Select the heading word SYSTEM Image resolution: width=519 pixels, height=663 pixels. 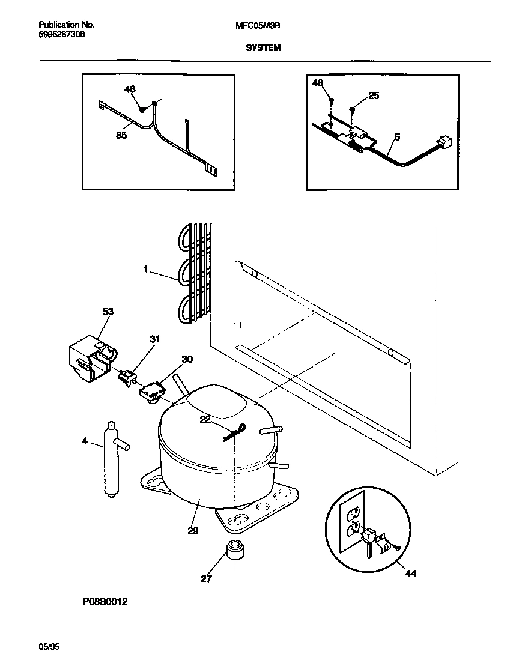(x=263, y=47)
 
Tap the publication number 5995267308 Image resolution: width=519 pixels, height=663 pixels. (x=61, y=35)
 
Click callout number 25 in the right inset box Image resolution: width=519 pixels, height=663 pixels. (x=374, y=95)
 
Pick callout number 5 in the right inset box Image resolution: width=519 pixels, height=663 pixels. (x=396, y=138)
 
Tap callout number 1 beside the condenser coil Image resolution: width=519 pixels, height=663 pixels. (x=145, y=270)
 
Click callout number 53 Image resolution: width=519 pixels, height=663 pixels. (x=108, y=312)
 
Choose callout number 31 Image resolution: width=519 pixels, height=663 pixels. (x=155, y=339)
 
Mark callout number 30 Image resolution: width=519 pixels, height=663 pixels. (x=187, y=359)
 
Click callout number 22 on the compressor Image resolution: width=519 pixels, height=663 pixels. (x=205, y=419)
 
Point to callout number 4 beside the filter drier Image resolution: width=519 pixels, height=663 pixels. (x=85, y=441)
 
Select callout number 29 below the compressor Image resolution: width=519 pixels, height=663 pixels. (x=192, y=530)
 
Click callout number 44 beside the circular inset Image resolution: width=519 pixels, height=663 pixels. (x=410, y=574)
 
